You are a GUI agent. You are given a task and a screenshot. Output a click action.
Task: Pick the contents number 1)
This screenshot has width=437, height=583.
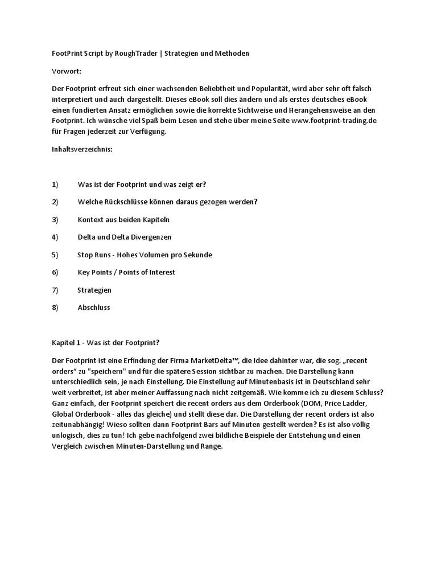coord(55,184)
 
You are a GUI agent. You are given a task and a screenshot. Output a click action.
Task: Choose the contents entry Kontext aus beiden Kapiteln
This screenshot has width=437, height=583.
coord(123,220)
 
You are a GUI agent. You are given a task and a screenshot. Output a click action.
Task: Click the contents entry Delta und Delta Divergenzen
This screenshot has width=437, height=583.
coord(124,237)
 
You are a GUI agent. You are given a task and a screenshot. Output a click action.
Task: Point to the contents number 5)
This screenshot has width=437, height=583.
coord(55,254)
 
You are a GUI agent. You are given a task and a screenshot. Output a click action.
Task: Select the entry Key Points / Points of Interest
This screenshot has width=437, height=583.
coord(126,272)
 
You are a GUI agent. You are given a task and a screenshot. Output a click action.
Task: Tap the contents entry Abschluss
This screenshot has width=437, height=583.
coord(94,307)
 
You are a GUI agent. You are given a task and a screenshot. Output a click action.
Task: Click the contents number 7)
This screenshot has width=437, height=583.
coord(55,290)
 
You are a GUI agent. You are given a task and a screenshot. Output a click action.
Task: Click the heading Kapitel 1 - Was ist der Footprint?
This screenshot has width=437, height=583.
coord(105,343)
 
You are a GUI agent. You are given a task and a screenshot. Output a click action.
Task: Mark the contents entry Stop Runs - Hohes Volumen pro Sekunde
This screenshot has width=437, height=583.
coord(145,254)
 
